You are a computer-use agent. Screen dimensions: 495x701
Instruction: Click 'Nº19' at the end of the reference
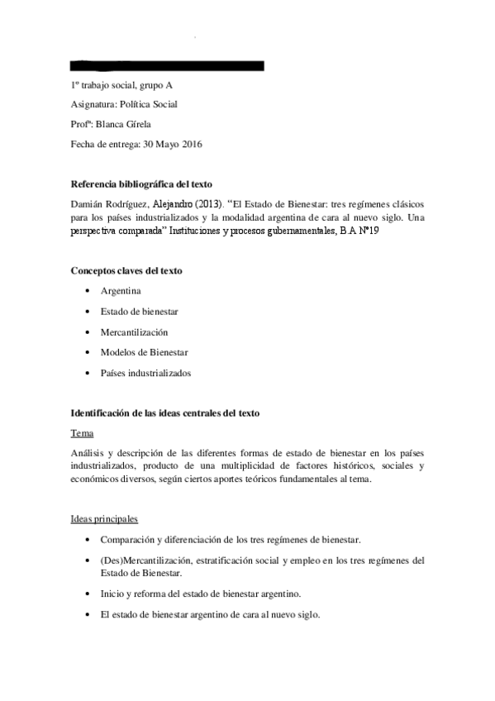[x=368, y=232]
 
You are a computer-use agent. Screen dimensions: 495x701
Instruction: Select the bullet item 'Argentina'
[x=121, y=291]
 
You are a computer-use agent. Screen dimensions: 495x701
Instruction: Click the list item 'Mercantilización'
[x=135, y=331]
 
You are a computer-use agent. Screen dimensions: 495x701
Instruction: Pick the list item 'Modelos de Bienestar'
[x=145, y=352]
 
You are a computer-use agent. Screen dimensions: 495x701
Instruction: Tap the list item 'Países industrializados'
[x=146, y=373]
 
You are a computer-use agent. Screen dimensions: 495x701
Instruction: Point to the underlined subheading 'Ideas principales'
[x=103, y=519]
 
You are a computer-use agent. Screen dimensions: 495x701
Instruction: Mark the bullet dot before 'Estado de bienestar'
[x=88, y=312]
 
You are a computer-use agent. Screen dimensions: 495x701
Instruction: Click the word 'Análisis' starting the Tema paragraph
[x=88, y=453]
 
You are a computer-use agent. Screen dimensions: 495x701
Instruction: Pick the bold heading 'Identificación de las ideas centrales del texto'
[x=164, y=412]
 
